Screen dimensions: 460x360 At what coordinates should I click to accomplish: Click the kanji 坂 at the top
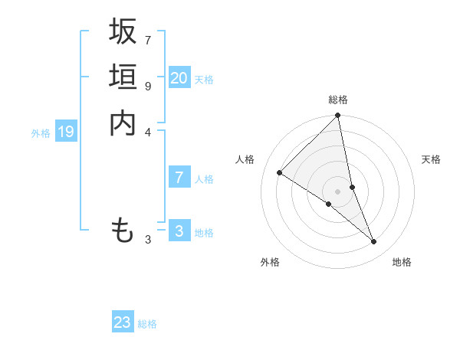pyautogui.click(x=123, y=31)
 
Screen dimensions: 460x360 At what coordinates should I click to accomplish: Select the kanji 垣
pyautogui.click(x=123, y=77)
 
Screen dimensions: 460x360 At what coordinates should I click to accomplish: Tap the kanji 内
pyautogui.click(x=123, y=123)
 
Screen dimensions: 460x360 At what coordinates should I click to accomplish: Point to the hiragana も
pyautogui.click(x=123, y=230)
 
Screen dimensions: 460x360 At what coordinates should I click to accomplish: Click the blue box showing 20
pyautogui.click(x=179, y=78)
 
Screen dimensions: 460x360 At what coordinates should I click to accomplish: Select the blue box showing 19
pyautogui.click(x=66, y=132)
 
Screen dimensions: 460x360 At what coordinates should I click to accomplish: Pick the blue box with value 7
pyautogui.click(x=179, y=178)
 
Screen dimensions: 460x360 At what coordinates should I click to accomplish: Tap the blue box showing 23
pyautogui.click(x=123, y=322)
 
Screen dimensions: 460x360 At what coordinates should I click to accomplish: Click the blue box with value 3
pyautogui.click(x=179, y=231)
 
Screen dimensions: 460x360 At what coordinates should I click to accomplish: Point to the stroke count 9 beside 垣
pyautogui.click(x=148, y=87)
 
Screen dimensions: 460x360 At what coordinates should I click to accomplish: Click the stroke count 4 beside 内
pyautogui.click(x=148, y=133)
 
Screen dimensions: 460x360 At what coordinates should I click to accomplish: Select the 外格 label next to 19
pyautogui.click(x=41, y=133)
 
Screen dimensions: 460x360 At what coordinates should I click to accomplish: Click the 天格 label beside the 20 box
pyautogui.click(x=204, y=80)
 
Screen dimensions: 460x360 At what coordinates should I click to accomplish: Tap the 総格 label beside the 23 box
pyautogui.click(x=147, y=324)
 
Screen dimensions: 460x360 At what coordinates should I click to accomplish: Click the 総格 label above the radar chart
pyautogui.click(x=338, y=100)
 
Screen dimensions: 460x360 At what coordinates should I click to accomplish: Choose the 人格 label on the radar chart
pyautogui.click(x=245, y=159)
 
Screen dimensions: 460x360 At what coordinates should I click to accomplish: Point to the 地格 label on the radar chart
pyautogui.click(x=402, y=262)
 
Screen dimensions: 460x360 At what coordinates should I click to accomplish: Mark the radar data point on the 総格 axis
pyautogui.click(x=338, y=116)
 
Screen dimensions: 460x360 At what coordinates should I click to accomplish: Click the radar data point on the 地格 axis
pyautogui.click(x=374, y=242)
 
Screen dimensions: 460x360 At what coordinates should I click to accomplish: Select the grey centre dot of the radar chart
pyautogui.click(x=338, y=191)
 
